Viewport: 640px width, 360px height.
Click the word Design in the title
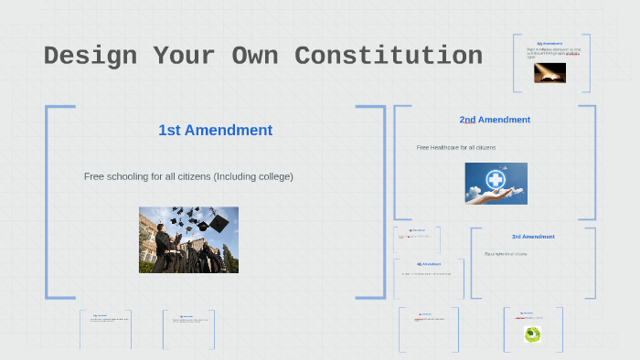[x=88, y=56]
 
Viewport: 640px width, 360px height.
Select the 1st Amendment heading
[x=215, y=130]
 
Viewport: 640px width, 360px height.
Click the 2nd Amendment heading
[x=495, y=120]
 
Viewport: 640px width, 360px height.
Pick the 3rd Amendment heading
[x=532, y=237]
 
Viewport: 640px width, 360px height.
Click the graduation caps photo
[x=188, y=239]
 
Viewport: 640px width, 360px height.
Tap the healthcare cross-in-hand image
[x=496, y=183]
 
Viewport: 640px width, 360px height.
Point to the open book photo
[x=549, y=73]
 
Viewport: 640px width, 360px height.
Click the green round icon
[x=532, y=334]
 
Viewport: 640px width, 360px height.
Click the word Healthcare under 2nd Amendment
[x=449, y=147]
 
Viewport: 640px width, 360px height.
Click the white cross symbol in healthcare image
[x=496, y=178]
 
